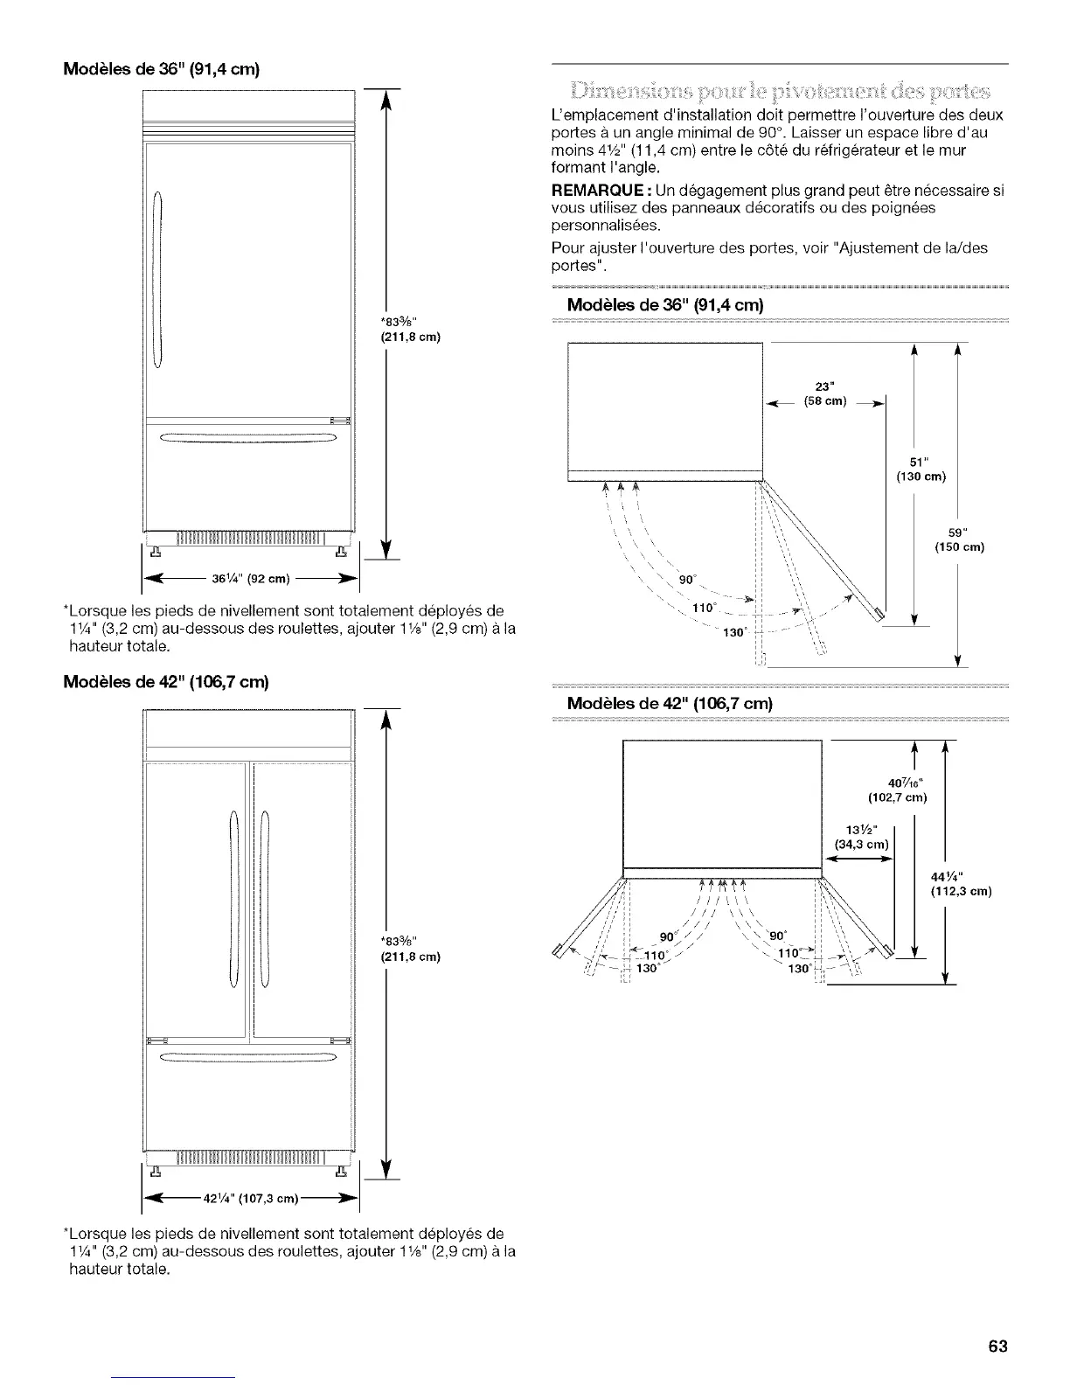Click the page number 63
click(998, 1346)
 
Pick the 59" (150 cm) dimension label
click(959, 539)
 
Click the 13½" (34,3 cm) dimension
click(861, 836)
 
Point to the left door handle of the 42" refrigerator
click(233, 897)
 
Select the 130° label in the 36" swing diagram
click(733, 633)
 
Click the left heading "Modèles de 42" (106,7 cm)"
click(165, 681)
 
